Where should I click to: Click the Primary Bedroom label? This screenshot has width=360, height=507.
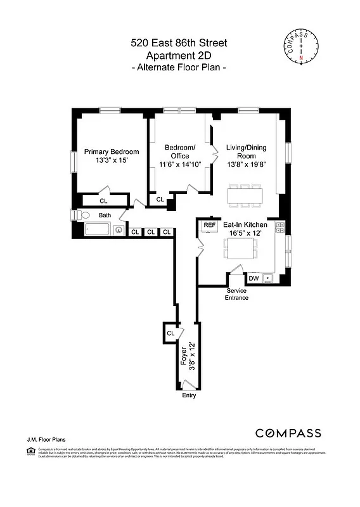click(x=112, y=157)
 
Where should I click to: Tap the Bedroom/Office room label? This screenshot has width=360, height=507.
click(x=180, y=156)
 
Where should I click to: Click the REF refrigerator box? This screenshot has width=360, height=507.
click(x=209, y=226)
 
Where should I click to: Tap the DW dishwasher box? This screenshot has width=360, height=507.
click(x=253, y=278)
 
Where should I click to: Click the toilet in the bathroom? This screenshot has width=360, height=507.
click(x=79, y=215)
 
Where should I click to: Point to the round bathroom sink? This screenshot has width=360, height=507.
click(x=118, y=231)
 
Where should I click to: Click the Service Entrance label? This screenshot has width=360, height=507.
click(x=238, y=294)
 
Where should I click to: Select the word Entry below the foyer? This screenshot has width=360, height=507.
click(x=189, y=395)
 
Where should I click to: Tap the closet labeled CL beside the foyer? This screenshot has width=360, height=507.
click(x=170, y=333)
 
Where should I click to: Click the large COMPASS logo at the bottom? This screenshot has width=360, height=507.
click(x=288, y=433)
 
